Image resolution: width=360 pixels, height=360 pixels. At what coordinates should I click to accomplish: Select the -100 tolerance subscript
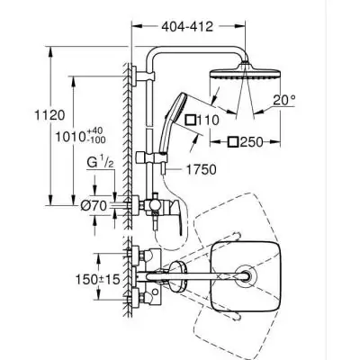coord(111,142)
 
